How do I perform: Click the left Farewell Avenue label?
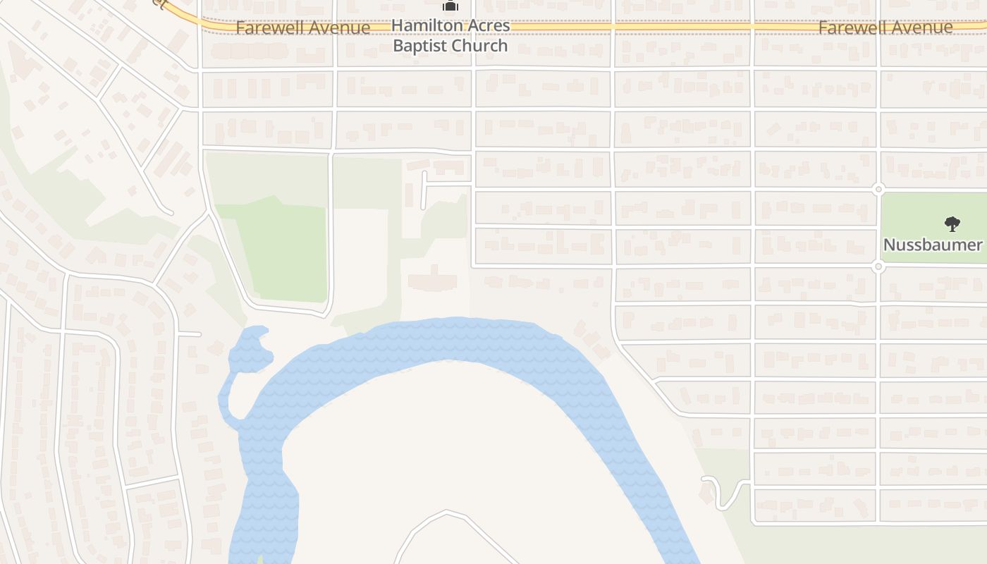[x=302, y=28]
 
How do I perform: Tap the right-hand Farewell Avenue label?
[x=885, y=28]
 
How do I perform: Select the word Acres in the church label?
[x=487, y=25]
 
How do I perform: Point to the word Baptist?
[x=420, y=46]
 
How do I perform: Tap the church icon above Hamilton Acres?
[x=450, y=6]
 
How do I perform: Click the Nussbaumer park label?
[x=933, y=245]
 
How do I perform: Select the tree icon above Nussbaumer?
[x=952, y=225]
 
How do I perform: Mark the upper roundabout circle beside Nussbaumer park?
[x=878, y=189]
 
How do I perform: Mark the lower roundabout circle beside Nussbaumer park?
[x=878, y=266]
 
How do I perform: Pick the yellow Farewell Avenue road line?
[x=634, y=27]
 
